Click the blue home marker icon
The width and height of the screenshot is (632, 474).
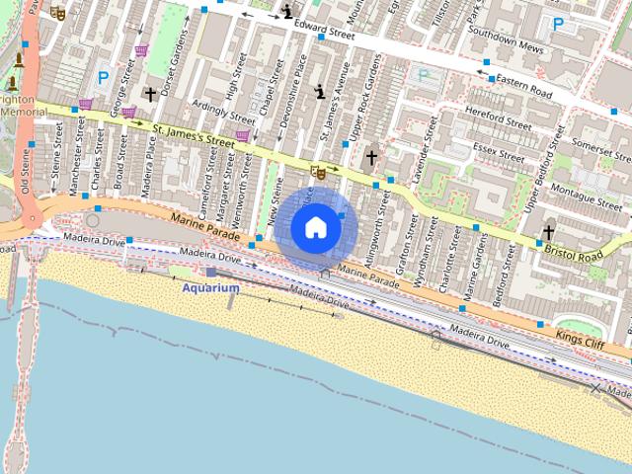(x=315, y=227)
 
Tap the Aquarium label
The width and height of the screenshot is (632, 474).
(x=210, y=287)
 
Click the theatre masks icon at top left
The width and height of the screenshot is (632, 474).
(x=57, y=15)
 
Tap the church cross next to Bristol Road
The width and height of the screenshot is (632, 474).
(x=548, y=233)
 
